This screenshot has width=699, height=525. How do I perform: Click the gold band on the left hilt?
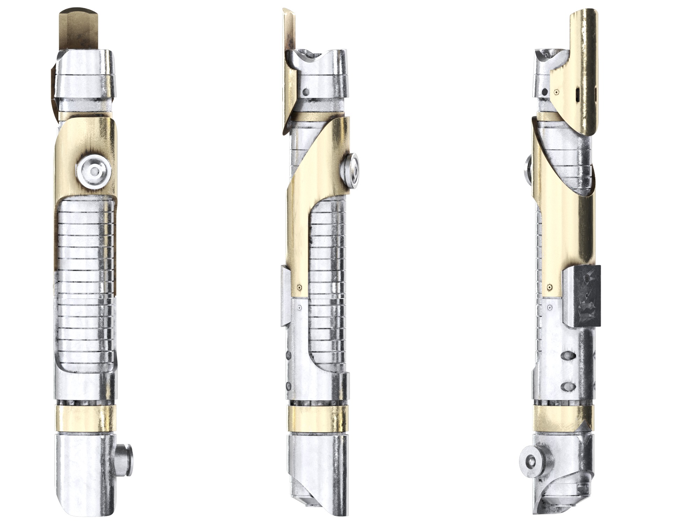(85, 419)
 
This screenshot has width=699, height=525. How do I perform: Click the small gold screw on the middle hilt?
(300, 287)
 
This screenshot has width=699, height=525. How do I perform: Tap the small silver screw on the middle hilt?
(300, 308)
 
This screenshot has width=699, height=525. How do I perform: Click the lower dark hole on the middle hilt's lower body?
(289, 386)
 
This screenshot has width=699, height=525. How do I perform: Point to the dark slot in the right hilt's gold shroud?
(577, 94)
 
